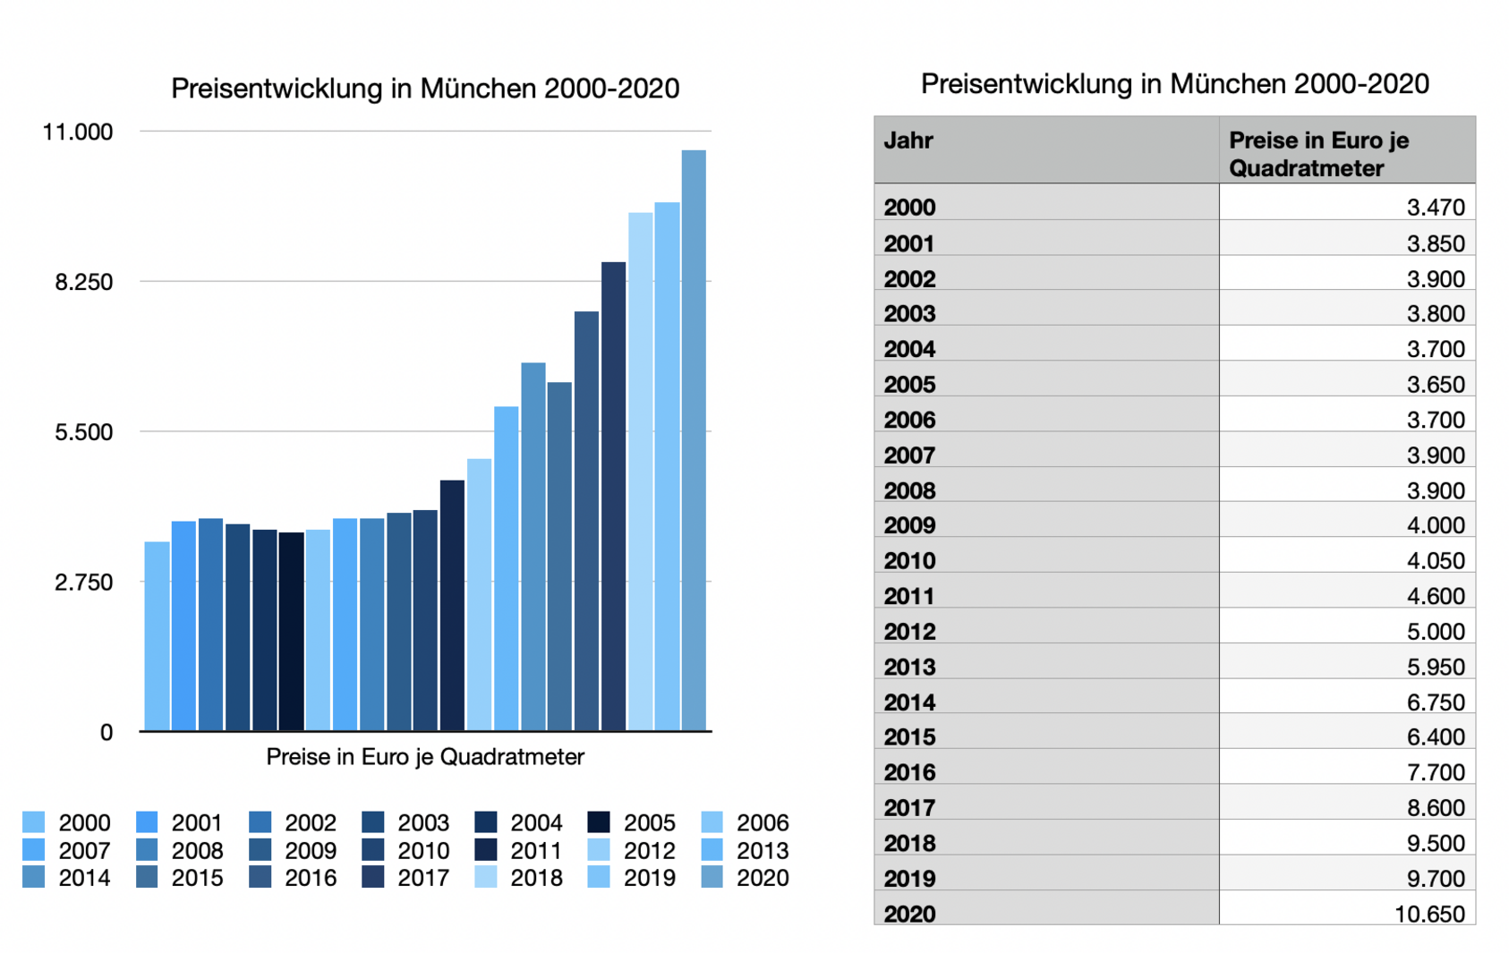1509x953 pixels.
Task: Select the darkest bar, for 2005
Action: [x=291, y=631]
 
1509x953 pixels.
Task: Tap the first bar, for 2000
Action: [x=157, y=635]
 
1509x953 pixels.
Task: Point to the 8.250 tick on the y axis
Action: [x=84, y=283]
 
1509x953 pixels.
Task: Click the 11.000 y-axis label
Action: [x=78, y=132]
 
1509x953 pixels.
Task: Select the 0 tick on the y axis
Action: [x=107, y=733]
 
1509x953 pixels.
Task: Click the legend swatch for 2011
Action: [x=486, y=849]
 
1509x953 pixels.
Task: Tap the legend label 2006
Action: [x=763, y=822]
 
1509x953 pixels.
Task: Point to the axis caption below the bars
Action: [x=425, y=757]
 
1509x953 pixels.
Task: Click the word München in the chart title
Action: [x=478, y=89]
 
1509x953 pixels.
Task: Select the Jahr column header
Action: [x=908, y=140]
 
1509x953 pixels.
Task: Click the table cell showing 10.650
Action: [x=1429, y=914]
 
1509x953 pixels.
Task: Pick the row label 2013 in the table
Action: [x=909, y=667]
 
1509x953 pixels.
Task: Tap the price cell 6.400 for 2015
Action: [x=1436, y=736]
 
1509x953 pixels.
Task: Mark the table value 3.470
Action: [x=1436, y=208]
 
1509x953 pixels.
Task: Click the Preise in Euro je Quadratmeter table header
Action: [x=1318, y=154]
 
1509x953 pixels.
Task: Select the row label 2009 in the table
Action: [x=909, y=525]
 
